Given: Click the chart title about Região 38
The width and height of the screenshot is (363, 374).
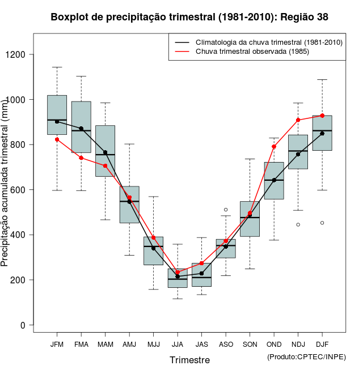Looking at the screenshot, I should (189, 17).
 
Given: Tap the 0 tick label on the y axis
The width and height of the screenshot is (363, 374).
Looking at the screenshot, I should (23, 325).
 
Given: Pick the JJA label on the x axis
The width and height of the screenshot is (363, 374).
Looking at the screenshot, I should (178, 345).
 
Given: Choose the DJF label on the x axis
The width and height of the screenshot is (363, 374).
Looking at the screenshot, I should (322, 345).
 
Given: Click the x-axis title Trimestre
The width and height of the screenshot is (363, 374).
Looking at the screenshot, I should (189, 360).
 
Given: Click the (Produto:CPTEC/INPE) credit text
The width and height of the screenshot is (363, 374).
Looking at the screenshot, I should (306, 356).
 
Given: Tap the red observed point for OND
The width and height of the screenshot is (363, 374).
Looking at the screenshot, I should (274, 147).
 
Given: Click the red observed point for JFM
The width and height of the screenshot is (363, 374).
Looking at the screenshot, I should (57, 139).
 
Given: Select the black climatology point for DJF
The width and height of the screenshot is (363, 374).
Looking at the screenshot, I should (322, 133).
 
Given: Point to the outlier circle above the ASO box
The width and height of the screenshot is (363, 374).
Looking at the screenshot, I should (226, 210).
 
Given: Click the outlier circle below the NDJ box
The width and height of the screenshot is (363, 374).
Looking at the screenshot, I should (298, 224).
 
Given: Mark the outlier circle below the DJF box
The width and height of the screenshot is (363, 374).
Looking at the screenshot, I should (322, 223).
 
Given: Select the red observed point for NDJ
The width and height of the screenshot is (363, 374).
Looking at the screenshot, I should (298, 120).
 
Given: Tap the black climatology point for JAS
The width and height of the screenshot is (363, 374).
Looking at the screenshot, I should (201, 273).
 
